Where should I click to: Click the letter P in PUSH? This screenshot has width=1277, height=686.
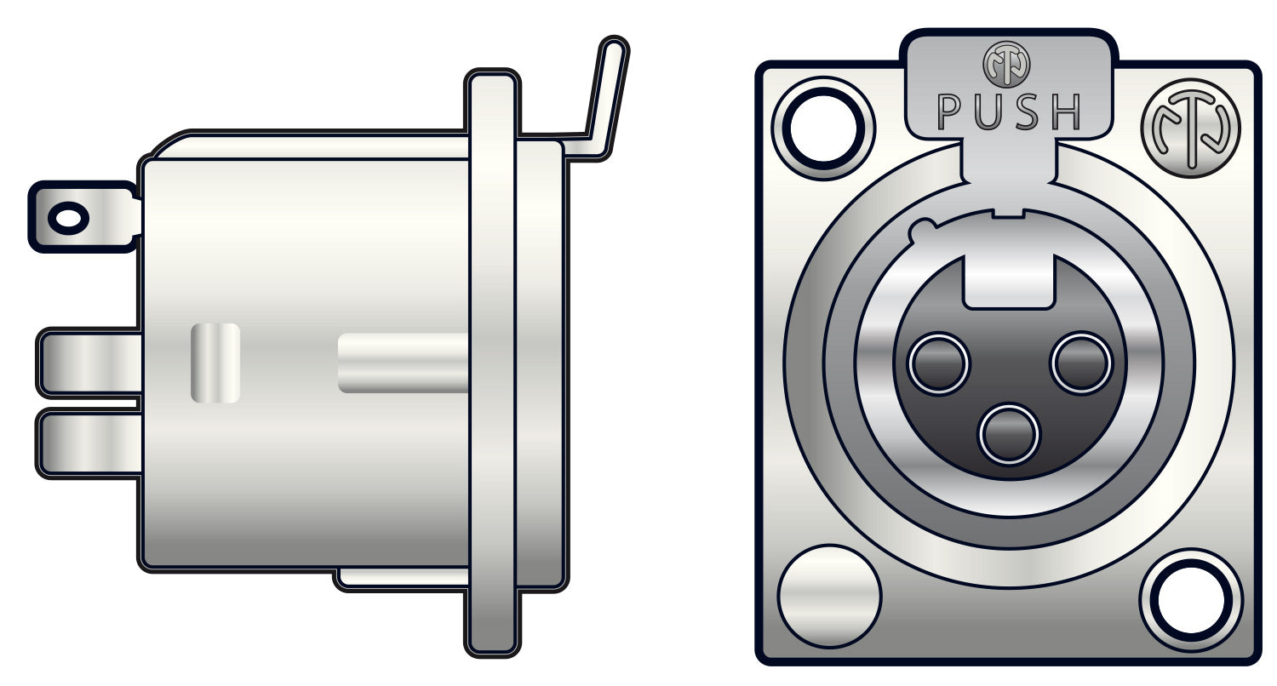coord(950,112)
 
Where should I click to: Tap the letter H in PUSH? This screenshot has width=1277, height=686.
coord(1066,112)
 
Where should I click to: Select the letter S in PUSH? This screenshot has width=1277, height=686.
coord(1028,112)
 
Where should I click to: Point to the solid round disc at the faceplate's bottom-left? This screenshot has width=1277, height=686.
coord(828,596)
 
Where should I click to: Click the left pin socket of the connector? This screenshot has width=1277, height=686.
coord(938,363)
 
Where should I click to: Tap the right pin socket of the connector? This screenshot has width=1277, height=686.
coord(1082,363)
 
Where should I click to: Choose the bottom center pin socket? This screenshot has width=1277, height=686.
coord(1010,434)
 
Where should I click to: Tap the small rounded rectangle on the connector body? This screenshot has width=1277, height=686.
coord(215,363)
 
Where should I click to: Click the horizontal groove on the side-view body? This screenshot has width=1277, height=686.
coord(404,363)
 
